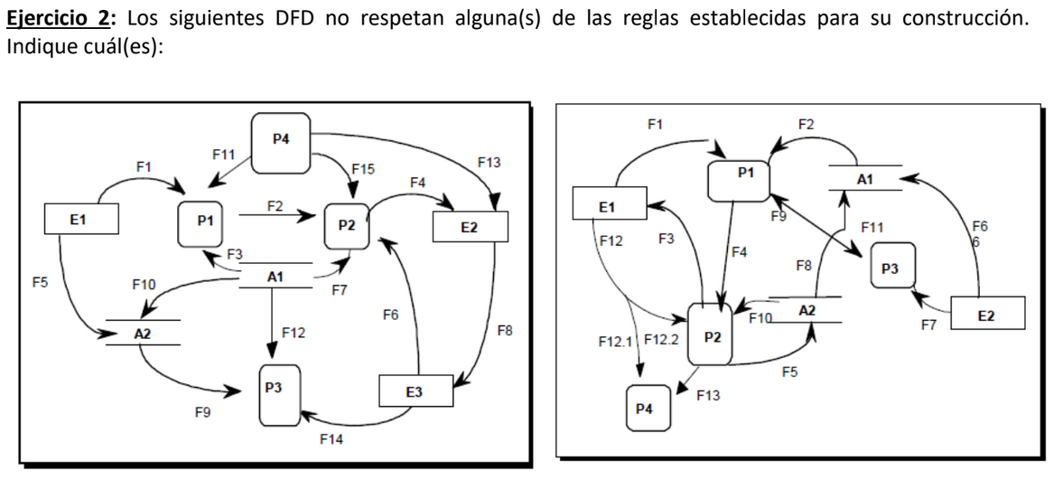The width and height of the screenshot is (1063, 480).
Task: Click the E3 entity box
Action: [x=415, y=392]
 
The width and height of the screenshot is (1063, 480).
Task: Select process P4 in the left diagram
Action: [x=281, y=142]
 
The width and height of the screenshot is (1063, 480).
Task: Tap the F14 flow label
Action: [x=331, y=439]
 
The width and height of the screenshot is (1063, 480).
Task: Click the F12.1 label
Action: [x=617, y=344]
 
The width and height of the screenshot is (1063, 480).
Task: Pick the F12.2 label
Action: [x=661, y=343]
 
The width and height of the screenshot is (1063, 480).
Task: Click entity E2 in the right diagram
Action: [x=985, y=315]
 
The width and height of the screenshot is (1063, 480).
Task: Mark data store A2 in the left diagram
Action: [x=142, y=333]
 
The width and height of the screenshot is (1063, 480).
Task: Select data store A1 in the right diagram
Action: [x=864, y=179]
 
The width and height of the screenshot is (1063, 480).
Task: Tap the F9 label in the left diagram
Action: [x=203, y=413]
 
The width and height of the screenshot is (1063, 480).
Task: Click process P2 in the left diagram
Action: [x=346, y=224]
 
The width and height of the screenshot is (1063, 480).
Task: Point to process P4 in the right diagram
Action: [x=645, y=407]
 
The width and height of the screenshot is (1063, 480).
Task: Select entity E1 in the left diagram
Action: [x=78, y=219]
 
